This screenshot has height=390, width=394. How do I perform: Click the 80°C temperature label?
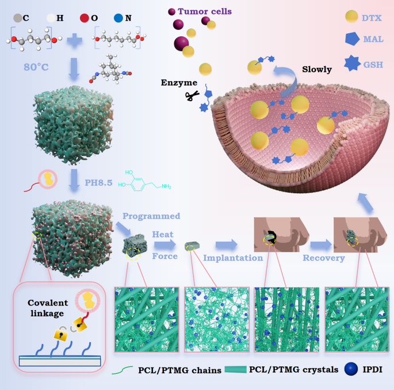tap(36, 67)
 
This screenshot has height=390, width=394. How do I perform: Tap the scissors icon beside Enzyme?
tap(192, 95)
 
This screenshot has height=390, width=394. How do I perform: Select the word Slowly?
tap(317, 70)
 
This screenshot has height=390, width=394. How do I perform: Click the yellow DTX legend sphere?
tap(351, 17)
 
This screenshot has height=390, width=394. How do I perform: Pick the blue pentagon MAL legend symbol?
tap(352, 39)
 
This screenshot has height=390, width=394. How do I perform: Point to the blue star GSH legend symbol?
tap(352, 63)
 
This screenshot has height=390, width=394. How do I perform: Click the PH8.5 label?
tap(98, 183)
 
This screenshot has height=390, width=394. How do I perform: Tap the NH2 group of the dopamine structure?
tap(166, 186)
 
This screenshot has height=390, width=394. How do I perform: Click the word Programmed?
tap(151, 216)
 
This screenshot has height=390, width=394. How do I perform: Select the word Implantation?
tap(233, 258)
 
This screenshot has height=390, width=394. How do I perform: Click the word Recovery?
tap(324, 258)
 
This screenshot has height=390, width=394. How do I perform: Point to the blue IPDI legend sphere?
tap(351, 369)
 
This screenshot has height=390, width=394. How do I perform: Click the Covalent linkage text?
tap(48, 308)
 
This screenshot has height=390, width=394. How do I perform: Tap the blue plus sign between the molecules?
tap(74, 41)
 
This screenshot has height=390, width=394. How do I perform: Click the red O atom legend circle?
tap(84, 18)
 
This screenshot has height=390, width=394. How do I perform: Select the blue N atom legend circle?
tap(118, 18)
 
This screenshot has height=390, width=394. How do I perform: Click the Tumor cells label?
tap(205, 12)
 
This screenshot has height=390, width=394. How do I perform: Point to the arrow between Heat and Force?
tap(165, 244)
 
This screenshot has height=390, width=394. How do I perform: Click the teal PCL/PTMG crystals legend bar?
tap(235, 369)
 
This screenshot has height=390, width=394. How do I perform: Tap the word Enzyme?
tap(179, 83)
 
